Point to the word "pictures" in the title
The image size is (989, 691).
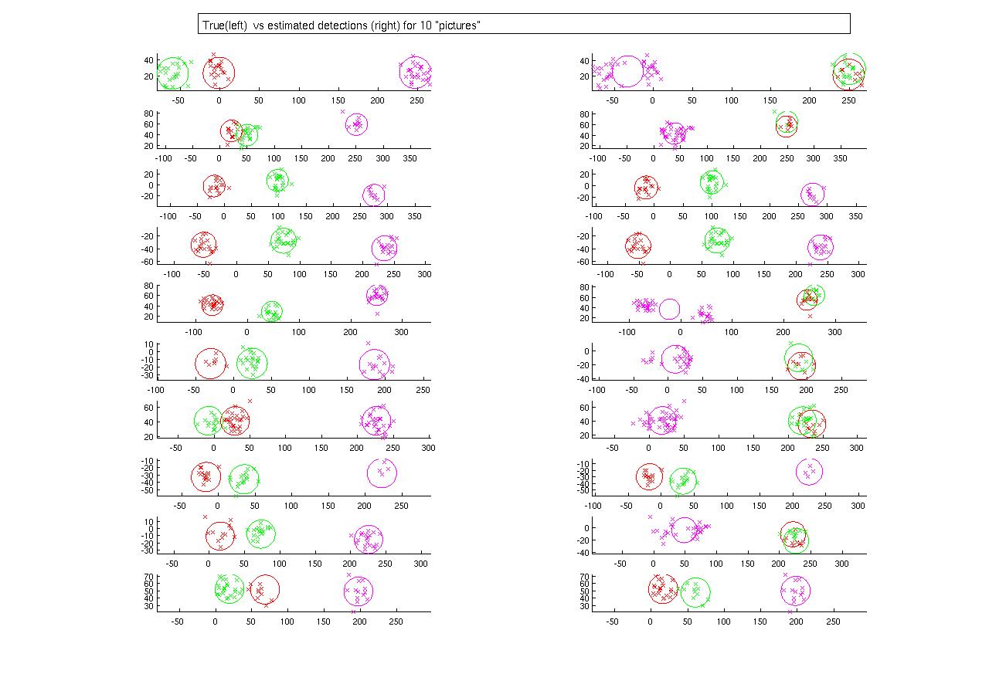pos(462,26)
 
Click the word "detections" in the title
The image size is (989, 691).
pos(345,26)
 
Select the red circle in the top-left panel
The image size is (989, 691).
pos(219,73)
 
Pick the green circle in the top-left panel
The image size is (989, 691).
pos(172,73)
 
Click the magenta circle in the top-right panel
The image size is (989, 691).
pos(627,72)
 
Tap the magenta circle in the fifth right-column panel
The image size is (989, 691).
pos(669,309)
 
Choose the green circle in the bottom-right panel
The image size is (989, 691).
pos(695,593)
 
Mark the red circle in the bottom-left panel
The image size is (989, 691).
pos(263,590)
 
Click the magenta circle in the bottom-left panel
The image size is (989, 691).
pos(358,592)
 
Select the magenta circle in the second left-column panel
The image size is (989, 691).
pos(356,124)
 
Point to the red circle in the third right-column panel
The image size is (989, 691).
pos(646,187)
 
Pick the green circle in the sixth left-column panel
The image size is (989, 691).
pos(252,364)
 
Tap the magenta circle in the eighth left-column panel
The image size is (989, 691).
pos(382,473)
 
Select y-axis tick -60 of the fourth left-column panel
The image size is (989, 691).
pos(147,262)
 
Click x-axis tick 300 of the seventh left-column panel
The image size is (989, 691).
pos(428,448)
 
